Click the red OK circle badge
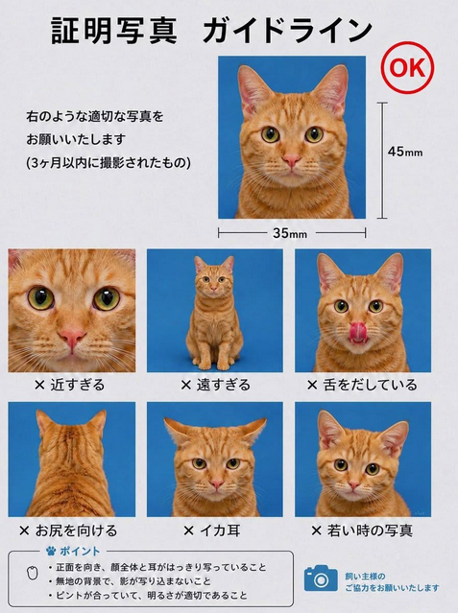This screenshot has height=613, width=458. pos(407,67)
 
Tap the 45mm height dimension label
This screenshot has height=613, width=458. pos(405,152)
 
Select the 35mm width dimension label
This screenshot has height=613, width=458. pos(290,233)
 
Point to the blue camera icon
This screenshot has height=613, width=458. pos(321,578)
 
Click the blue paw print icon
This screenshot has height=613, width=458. pos(51,551)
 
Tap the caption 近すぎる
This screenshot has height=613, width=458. pos(78,385)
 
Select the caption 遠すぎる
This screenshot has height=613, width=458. pos(223,385)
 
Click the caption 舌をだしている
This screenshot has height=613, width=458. pos(371,385)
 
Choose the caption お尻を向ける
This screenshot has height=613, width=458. pos(77,530)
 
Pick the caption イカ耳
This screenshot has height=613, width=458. pos(220,530)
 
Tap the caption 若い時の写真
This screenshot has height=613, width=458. pos(370,530)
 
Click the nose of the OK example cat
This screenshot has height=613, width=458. pos(292,160)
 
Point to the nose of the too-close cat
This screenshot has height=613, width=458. pos(72,337)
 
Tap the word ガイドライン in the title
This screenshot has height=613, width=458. pos(288,31)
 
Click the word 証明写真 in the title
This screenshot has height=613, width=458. pos(114,31)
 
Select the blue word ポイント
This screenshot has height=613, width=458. pos(80,552)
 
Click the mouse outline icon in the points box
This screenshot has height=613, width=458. pos(33,573)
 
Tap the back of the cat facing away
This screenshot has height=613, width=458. pos(72,469)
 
